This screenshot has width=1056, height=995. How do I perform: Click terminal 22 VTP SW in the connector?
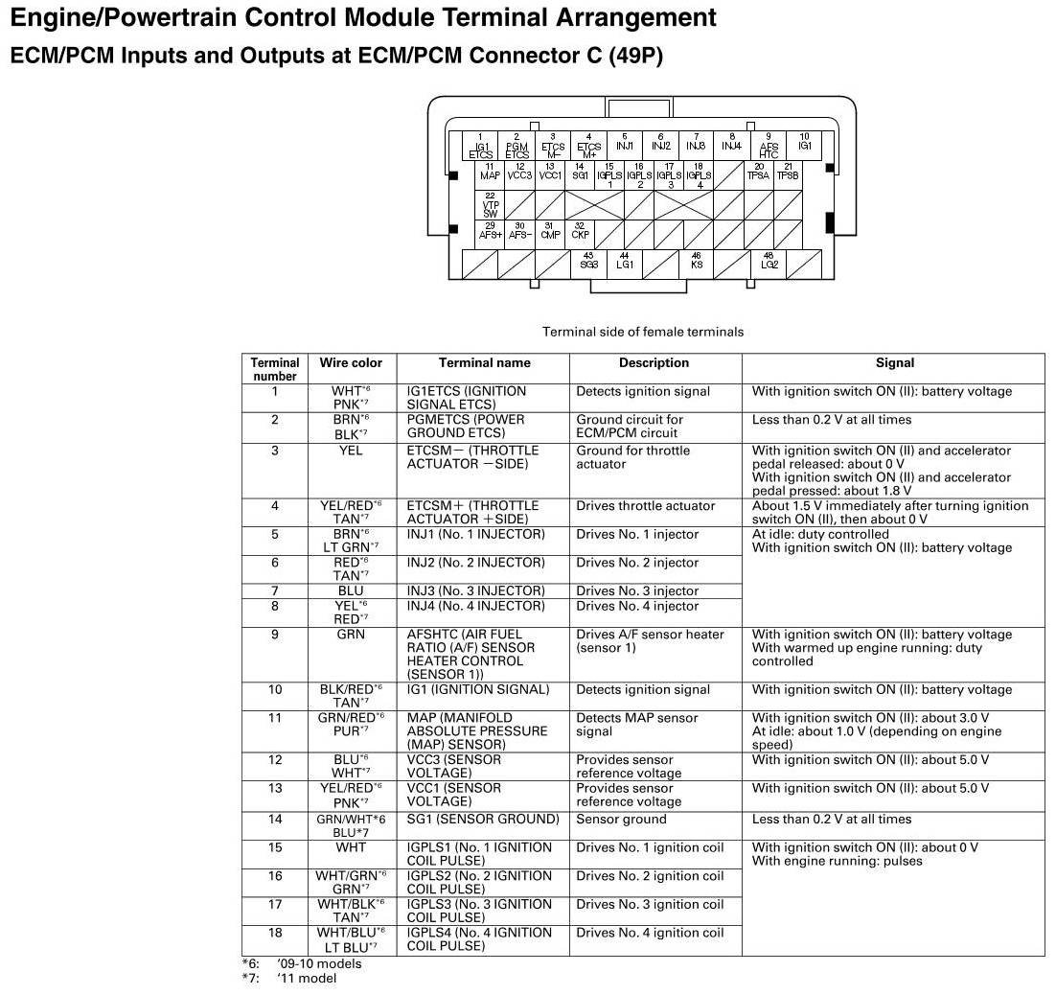coord(491,204)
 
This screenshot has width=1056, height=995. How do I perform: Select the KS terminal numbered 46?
coord(697,261)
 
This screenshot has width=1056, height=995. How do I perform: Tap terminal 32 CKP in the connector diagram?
coord(580,231)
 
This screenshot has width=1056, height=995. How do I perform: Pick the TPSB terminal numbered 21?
coord(787,173)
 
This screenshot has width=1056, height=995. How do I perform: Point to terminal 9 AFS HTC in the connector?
coord(769,146)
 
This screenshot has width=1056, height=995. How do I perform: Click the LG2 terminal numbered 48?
coord(769,261)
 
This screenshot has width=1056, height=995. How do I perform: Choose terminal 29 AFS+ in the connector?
coord(491,231)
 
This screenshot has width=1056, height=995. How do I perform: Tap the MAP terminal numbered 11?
coord(491,173)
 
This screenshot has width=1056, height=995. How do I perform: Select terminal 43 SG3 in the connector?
coord(589,261)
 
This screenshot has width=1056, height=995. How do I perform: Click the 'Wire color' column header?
coord(351,363)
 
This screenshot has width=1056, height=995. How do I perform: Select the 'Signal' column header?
coord(894,363)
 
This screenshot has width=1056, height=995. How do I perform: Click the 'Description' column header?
coord(654,363)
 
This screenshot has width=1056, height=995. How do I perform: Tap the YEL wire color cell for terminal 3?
coord(351,451)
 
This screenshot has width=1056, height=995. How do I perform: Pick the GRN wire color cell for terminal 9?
coord(351,635)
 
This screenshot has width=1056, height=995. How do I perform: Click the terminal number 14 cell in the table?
coord(275,820)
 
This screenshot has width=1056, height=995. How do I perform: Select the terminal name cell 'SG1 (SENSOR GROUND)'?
coord(483,820)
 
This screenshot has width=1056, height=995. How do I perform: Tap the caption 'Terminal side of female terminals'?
coord(642,333)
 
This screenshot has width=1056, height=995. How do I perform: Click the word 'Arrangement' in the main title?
coord(631,17)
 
